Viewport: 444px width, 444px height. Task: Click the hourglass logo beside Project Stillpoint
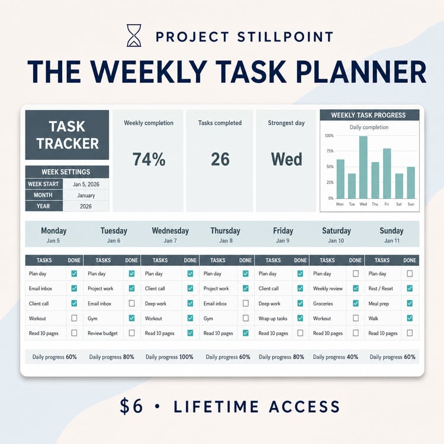tap(134, 36)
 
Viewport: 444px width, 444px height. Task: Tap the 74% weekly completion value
tap(149, 159)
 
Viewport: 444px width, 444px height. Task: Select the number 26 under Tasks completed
tap(220, 159)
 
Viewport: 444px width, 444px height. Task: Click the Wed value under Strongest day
tap(287, 159)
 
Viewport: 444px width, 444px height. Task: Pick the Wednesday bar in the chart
tap(363, 168)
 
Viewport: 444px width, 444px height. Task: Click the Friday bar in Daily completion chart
tap(387, 173)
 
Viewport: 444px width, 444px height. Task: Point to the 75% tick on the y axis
tap(330, 151)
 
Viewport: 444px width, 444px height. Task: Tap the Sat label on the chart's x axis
tap(398, 204)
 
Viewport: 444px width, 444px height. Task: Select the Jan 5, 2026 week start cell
tap(86, 184)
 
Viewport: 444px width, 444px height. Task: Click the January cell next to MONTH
tap(86, 195)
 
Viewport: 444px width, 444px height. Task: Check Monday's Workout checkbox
tap(74, 318)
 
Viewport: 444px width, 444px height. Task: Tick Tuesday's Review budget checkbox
tap(131, 333)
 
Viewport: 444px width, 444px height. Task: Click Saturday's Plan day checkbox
tap(356, 274)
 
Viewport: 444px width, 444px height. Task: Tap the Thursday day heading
tap(226, 231)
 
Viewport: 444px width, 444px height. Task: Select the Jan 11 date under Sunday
tap(392, 241)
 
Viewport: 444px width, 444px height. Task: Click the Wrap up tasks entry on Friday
tap(273, 318)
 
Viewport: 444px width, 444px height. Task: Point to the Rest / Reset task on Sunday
tap(381, 288)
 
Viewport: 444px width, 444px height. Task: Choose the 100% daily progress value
tap(186, 357)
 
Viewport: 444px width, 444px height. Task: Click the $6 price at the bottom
tap(131, 406)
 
